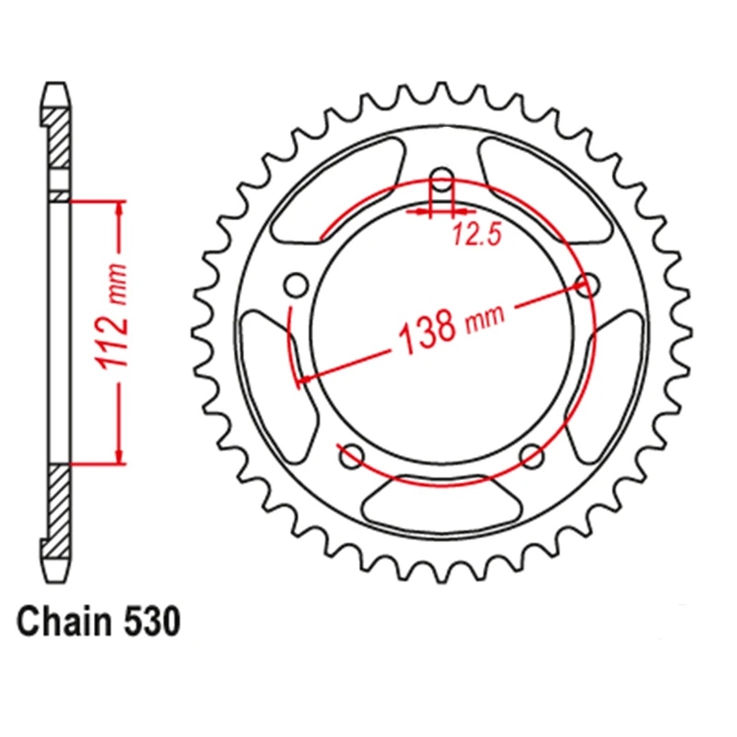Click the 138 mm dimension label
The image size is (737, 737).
pos(450,327)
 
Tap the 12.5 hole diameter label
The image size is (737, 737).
pos(477,234)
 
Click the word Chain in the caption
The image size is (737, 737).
pos(64,621)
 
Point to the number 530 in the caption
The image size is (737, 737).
pos(152,621)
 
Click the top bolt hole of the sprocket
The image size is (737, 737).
pos(441,179)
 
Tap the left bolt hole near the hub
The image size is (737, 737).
pos(297,285)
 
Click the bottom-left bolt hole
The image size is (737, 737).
pos(352,455)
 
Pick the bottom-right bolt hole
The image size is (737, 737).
pos(532,455)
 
